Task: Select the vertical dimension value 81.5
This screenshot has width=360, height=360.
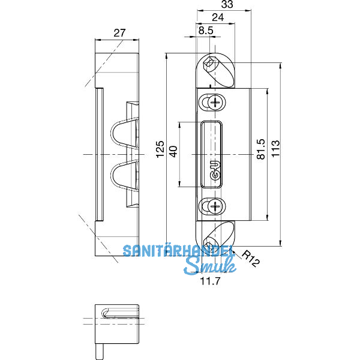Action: coord(260,149)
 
